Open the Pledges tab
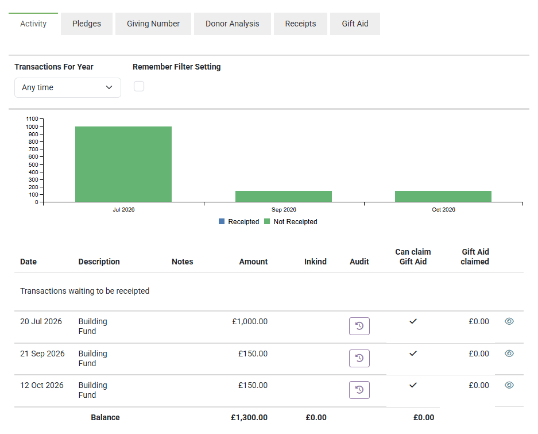(87, 24)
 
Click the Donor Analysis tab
(233, 24)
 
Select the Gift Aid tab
(355, 24)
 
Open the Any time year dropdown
(68, 87)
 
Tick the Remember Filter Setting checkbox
(139, 86)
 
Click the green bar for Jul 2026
(123, 164)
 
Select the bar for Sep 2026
(284, 197)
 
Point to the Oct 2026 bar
(443, 197)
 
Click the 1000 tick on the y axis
(32, 127)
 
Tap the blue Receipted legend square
(222, 221)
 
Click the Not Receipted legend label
(296, 222)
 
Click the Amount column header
(253, 262)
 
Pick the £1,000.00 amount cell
(250, 322)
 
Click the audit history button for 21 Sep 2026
(359, 358)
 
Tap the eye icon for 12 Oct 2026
(509, 385)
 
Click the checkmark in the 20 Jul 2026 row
(413, 321)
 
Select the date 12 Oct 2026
(42, 385)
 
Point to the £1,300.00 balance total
(249, 417)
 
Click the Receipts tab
(300, 24)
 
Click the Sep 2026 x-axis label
(284, 210)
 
